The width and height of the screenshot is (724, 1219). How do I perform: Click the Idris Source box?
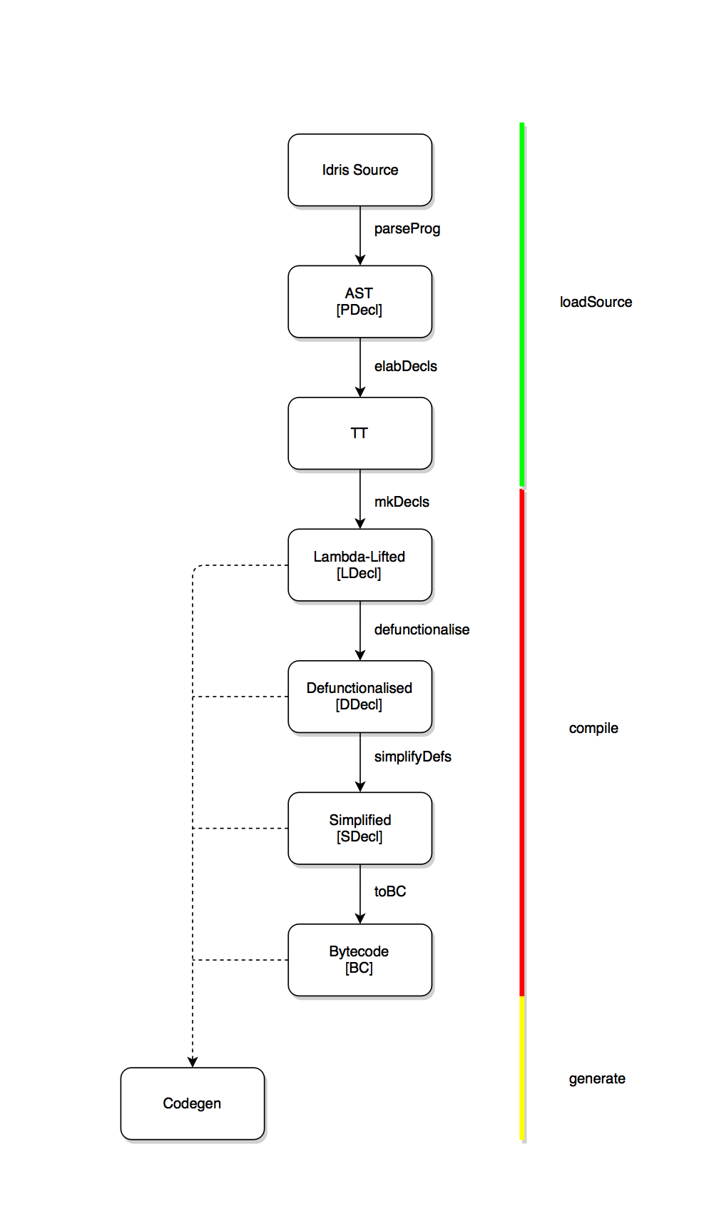(x=360, y=170)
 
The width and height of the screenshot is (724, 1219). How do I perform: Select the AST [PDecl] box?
(x=360, y=302)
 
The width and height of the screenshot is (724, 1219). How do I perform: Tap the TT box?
(x=360, y=433)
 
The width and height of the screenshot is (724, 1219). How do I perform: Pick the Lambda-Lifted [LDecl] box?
(x=360, y=565)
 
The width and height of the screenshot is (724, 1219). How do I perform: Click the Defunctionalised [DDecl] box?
(x=360, y=696)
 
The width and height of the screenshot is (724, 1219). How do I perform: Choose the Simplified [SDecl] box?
(x=360, y=828)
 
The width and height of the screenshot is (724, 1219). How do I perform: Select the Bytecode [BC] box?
(x=360, y=959)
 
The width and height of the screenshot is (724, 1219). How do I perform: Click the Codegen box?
(x=192, y=1103)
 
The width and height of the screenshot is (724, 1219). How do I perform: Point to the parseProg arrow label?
(x=407, y=228)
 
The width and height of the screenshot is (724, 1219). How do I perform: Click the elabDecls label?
(x=405, y=366)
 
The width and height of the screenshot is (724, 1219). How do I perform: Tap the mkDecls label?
(x=402, y=502)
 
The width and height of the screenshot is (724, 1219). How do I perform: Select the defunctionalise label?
(x=422, y=629)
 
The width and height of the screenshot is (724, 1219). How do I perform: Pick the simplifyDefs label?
(x=412, y=757)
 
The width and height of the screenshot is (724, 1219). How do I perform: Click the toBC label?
(x=389, y=891)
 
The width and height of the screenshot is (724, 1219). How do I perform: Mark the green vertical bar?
(x=522, y=305)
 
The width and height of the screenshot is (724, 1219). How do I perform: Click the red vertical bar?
(x=522, y=742)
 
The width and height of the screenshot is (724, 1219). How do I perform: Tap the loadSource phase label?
(x=596, y=302)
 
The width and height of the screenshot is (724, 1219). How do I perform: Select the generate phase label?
(x=597, y=1078)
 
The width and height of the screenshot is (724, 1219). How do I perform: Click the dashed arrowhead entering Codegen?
(x=193, y=1062)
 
